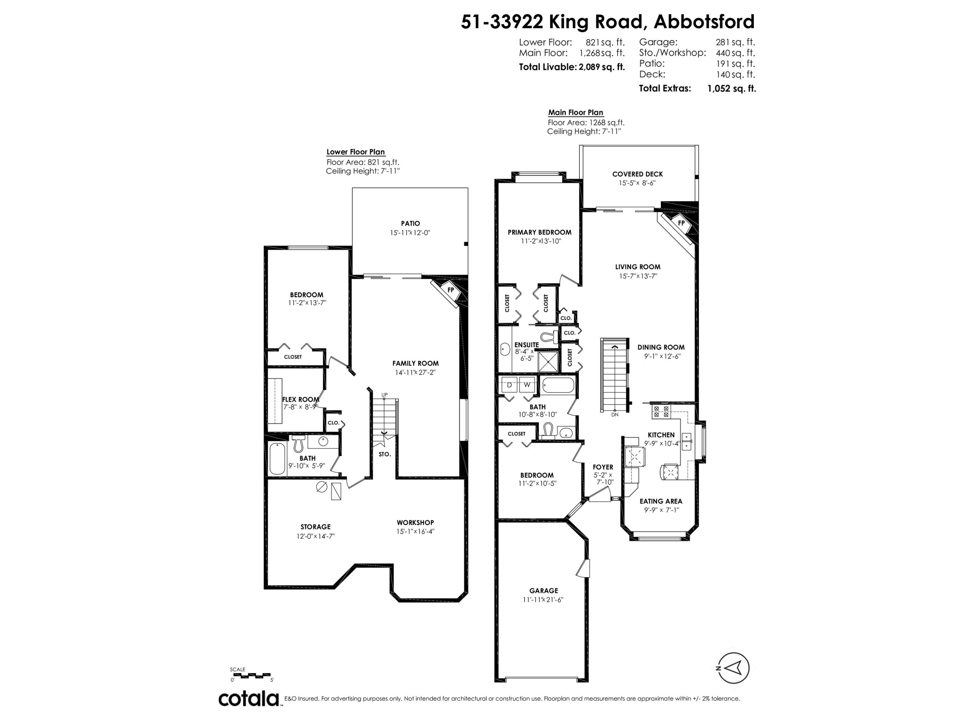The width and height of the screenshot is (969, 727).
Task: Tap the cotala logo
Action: point(249,699)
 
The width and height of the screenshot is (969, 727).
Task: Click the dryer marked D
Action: point(509,385)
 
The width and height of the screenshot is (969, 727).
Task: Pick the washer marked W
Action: point(527,385)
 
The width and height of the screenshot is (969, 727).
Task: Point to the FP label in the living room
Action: point(681,223)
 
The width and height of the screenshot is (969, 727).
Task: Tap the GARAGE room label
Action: point(544,590)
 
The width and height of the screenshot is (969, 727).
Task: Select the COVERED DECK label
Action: point(637,174)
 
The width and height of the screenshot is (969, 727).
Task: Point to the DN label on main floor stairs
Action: point(615,415)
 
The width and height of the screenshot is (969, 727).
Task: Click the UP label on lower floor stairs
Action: point(385,395)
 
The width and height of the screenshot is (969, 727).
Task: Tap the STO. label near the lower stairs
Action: point(385,454)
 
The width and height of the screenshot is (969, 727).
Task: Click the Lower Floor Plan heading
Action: point(356,152)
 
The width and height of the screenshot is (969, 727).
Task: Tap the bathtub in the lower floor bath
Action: point(277,459)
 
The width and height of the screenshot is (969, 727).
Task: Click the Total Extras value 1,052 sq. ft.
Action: point(732,89)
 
